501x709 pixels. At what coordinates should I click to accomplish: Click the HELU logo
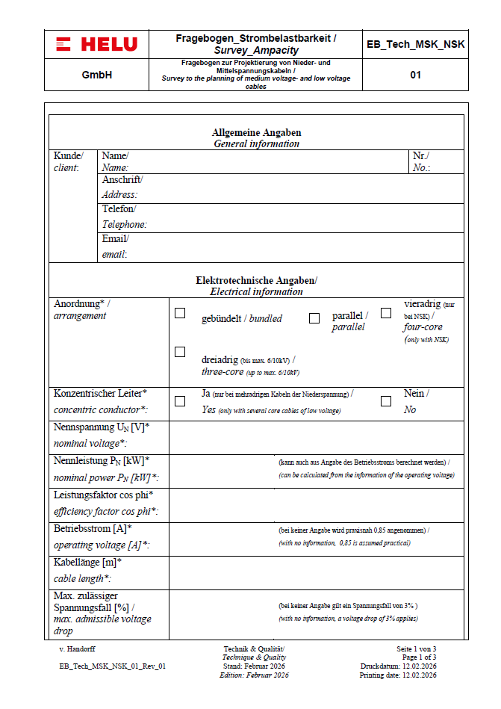tap(96, 44)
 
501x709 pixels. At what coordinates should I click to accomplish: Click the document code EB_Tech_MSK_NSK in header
tap(415, 44)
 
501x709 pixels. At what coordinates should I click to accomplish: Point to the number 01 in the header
tap(415, 75)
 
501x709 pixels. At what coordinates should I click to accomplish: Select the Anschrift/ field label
tap(122, 180)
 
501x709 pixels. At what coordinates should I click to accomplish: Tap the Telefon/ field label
tap(119, 209)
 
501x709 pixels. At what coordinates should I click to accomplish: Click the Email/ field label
tap(116, 239)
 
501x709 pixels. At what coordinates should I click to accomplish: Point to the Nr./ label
tap(420, 156)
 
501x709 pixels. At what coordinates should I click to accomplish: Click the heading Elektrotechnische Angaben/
tap(256, 280)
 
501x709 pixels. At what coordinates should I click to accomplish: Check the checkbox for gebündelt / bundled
tap(180, 314)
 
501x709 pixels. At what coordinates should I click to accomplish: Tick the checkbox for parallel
tap(314, 318)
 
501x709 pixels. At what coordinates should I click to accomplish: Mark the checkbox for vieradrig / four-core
tap(386, 314)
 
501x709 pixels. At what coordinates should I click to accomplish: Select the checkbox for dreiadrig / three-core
tap(180, 352)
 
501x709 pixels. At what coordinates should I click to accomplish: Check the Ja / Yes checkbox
tap(180, 401)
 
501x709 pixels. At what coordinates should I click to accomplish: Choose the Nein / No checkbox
tap(386, 401)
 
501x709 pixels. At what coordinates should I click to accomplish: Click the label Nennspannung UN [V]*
tap(102, 427)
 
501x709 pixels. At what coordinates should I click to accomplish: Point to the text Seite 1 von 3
tap(416, 648)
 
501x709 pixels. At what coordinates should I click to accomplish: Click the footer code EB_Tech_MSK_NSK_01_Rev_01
tap(112, 666)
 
